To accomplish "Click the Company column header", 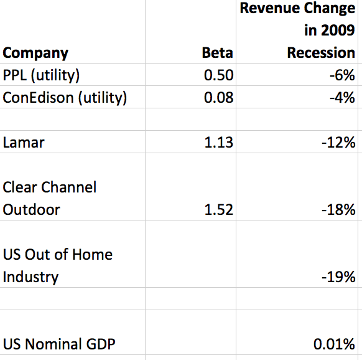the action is pos(35,54).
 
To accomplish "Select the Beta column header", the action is pos(218,53).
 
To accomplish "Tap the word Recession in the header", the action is pos(321,53).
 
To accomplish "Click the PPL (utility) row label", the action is pos(41,75).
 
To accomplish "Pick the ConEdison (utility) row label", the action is pos(65,98).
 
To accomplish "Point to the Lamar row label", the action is pos(24,143).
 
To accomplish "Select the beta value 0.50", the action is pos(219,75).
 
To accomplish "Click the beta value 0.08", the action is pos(219,98).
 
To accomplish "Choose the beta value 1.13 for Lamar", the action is pos(219,143).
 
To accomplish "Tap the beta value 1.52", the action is pos(219,210).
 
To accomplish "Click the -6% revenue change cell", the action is pos(342,75).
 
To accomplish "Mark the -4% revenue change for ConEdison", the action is pos(342,98).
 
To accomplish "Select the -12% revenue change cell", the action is pos(338,143).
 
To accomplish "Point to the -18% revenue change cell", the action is pos(338,210).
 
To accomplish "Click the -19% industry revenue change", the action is pos(338,277).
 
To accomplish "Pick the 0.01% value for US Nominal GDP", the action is pos(334,344).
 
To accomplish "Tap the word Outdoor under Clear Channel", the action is pos(31,210).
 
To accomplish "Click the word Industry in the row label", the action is pos(30,277).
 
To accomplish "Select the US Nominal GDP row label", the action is pos(59,344).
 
